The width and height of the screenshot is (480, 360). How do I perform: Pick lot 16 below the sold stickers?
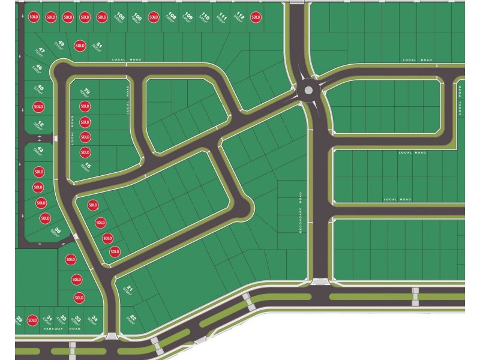pos(88,166)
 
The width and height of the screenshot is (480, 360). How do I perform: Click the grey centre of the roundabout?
pos(308,91)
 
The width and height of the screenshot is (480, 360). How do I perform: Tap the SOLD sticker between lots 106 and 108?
pos(154,17)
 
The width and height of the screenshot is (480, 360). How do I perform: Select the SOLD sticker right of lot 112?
pos(256,17)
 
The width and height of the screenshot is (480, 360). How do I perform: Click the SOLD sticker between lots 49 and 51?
pos(80,46)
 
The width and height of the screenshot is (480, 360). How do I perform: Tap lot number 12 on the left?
pos(40,125)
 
